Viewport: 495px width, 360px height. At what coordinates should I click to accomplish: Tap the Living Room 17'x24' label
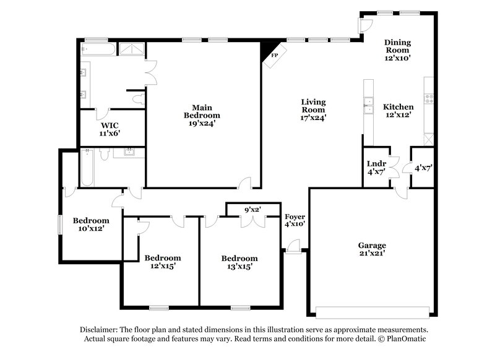(313, 109)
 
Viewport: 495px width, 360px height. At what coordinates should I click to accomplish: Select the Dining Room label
(398, 49)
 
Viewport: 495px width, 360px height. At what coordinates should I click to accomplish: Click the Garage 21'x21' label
(371, 249)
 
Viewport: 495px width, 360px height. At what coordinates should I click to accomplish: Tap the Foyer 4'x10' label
(295, 221)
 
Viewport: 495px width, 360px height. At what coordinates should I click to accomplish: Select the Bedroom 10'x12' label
(91, 225)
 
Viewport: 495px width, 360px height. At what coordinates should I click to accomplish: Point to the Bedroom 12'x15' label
(163, 262)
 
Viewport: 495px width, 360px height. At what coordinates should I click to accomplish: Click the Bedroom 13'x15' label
(239, 262)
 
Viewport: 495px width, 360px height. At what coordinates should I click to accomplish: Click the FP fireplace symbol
(273, 54)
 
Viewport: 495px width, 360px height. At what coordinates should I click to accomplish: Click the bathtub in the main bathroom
(99, 49)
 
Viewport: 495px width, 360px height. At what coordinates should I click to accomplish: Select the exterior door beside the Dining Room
(366, 25)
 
